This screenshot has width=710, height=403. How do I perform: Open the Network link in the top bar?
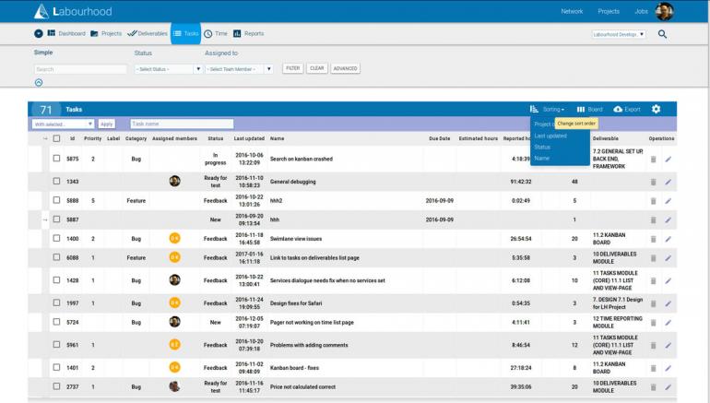tap(572, 11)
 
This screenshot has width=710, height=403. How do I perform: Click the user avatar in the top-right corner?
tap(664, 11)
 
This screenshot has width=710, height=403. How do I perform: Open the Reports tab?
tap(248, 33)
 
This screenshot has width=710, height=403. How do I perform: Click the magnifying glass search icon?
tap(662, 34)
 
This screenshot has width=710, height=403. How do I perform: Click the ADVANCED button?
tap(345, 68)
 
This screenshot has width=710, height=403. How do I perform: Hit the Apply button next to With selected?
tap(106, 124)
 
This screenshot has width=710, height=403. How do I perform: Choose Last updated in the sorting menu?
tap(550, 136)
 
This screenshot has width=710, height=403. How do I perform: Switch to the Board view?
tap(589, 109)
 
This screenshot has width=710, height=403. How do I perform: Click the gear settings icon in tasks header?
tap(656, 109)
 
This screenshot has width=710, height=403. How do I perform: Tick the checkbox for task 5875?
tap(56, 158)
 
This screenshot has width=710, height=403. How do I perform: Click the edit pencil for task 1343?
tap(668, 182)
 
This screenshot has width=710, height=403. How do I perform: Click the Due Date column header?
tap(439, 138)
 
